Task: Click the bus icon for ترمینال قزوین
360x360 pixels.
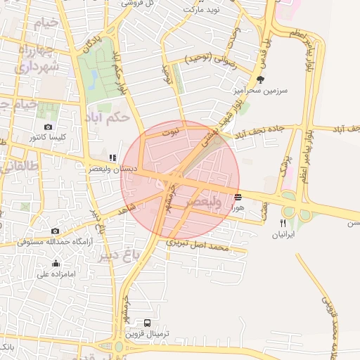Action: pos(146,323)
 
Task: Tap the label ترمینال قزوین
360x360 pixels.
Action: pos(147,334)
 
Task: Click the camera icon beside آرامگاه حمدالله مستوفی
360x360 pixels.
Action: pos(56,231)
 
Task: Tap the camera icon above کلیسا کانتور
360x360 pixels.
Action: pos(48,127)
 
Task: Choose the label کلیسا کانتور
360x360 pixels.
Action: pos(48,138)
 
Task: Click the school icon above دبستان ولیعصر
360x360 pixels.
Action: pos(112,157)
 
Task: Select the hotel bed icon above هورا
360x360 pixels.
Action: pos(238,198)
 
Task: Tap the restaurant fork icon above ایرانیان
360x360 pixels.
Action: pos(283,223)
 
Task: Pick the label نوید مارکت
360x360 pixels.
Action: pos(202,11)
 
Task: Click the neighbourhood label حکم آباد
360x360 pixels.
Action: pos(106,117)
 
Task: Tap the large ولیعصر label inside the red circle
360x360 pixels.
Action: pos(205,202)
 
